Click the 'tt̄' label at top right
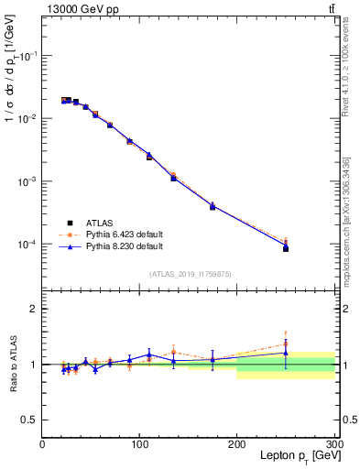(331, 8)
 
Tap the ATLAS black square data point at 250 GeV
(286, 248)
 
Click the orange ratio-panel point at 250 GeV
(286, 344)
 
